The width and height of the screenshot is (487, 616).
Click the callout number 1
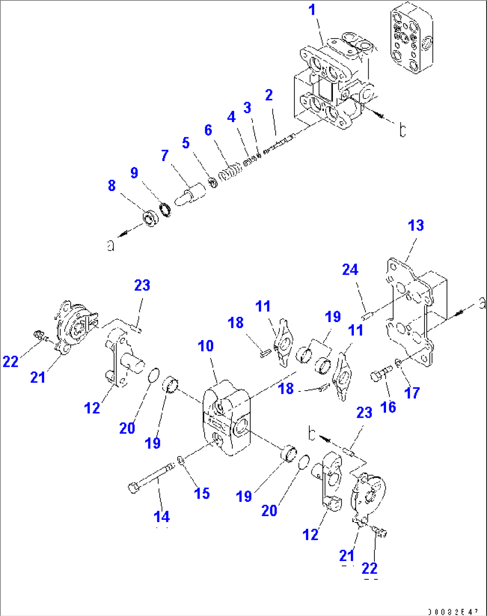[312, 10]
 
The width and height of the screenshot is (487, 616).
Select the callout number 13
[416, 225]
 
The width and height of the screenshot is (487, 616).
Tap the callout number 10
[206, 346]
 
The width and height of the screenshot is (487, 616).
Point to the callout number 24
[350, 270]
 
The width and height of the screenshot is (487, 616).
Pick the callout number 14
[161, 517]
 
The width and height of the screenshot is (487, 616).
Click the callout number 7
[165, 156]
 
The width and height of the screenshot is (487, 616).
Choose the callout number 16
[388, 407]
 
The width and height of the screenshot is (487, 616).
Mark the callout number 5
[185, 143]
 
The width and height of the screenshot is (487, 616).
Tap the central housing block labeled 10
[227, 418]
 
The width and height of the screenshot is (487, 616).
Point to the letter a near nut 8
[110, 245]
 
